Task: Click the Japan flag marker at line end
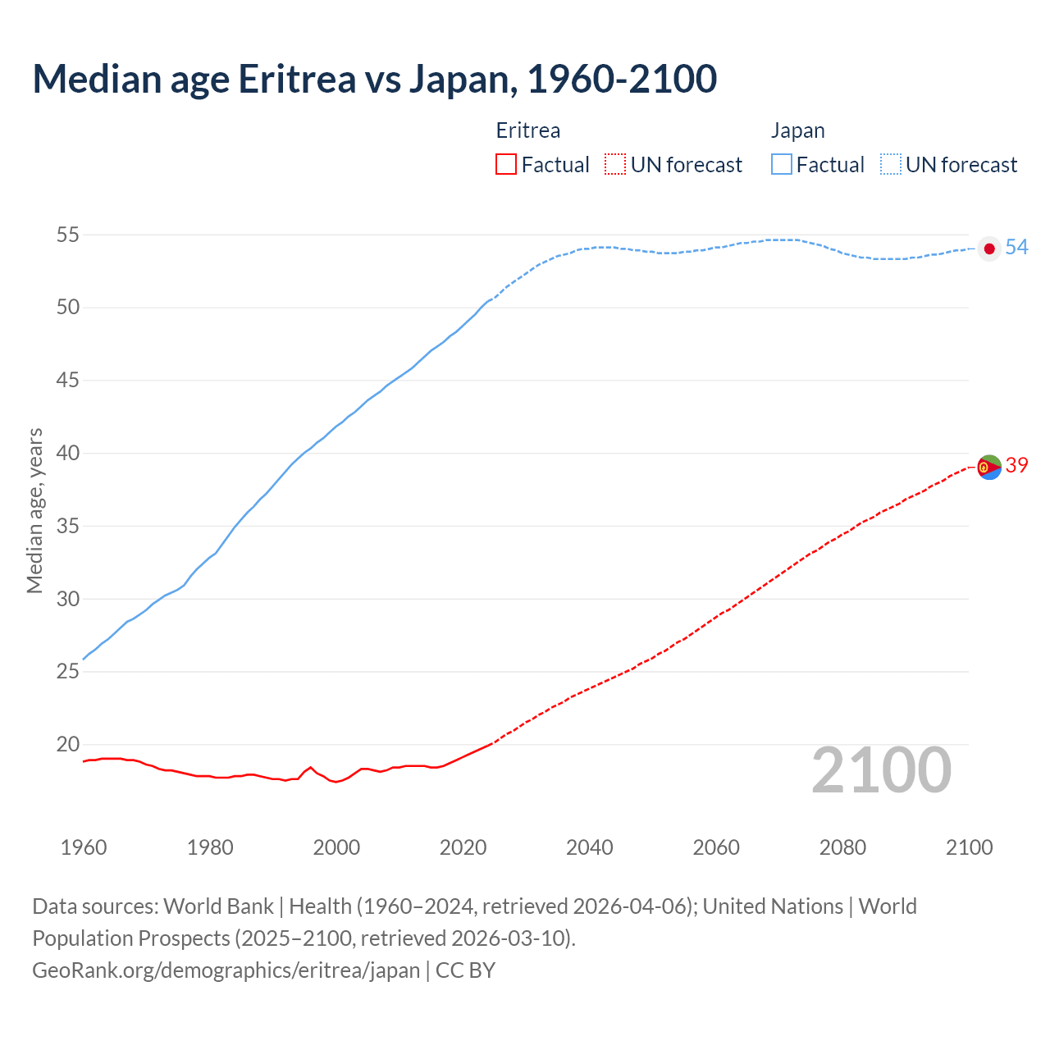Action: pos(989,249)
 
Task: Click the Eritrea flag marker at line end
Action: pos(989,467)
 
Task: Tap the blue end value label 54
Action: pos(1016,247)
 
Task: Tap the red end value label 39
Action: pos(1016,465)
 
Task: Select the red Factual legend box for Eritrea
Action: pos(506,165)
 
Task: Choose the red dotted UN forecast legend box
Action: pos(615,165)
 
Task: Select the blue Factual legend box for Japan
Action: pos(782,165)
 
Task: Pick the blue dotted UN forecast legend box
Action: pos(890,165)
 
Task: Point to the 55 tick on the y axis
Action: pos(67,235)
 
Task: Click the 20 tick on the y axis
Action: pos(67,745)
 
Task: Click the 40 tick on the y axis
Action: pos(67,454)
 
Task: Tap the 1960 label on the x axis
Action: pos(84,847)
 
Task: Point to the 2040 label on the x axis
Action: pos(589,847)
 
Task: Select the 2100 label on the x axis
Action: pos(969,847)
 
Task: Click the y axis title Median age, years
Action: pos(34,510)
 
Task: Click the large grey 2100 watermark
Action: pos(881,771)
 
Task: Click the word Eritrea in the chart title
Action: pos(297,79)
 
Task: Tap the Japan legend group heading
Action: pos(797,130)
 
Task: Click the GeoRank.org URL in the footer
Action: pos(226,970)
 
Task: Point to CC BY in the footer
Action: pos(465,970)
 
